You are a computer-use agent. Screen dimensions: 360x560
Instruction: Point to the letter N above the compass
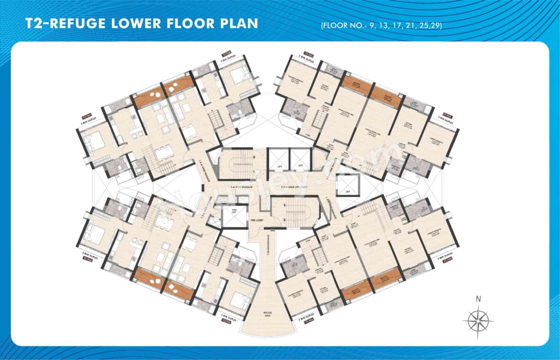coord(478,299)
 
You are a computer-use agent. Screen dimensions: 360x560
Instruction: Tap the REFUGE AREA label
coord(268,315)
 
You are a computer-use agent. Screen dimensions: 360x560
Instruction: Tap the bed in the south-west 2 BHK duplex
coord(236,299)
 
